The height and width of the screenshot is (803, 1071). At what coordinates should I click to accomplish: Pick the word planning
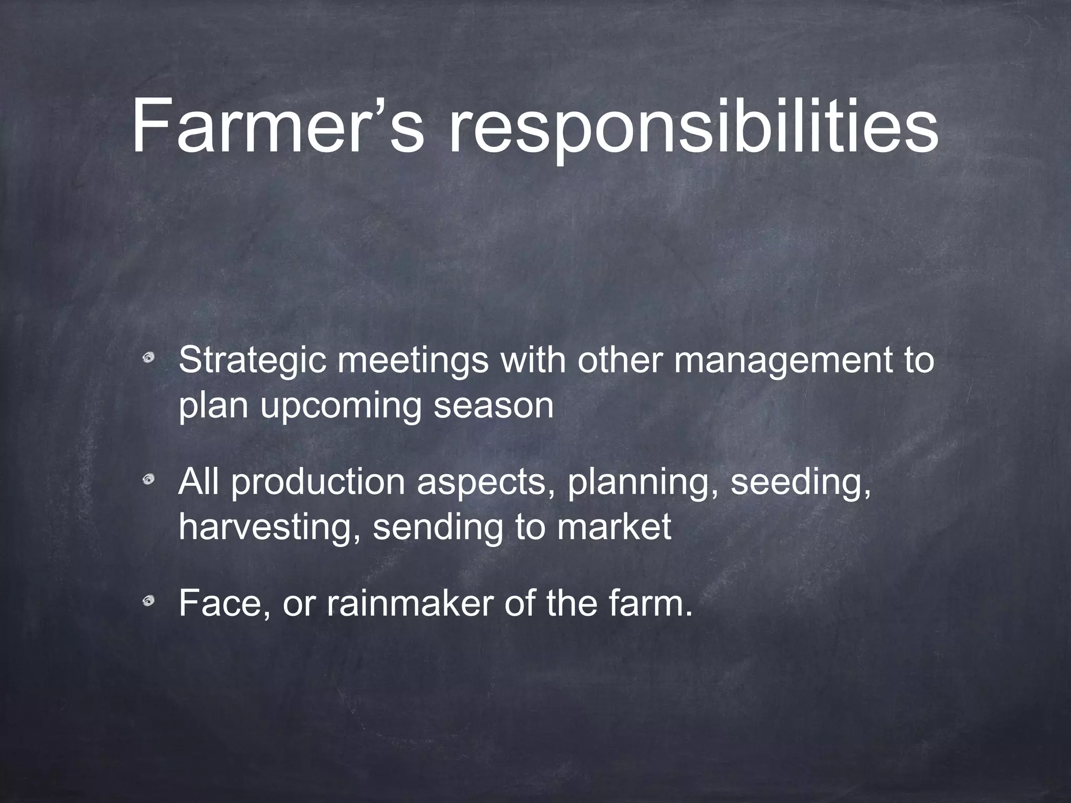tap(643, 484)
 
